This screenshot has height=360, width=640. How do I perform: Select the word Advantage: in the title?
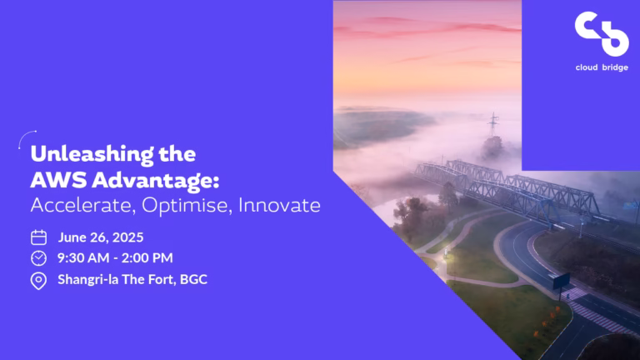pyautogui.click(x=156, y=181)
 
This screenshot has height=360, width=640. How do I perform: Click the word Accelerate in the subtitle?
pyautogui.click(x=82, y=205)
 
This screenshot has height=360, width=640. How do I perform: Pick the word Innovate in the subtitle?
pyautogui.click(x=280, y=205)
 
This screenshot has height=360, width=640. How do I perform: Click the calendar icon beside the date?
pyautogui.click(x=39, y=237)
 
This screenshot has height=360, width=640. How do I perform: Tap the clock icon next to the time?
pyautogui.click(x=39, y=258)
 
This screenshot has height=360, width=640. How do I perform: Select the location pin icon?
pyautogui.click(x=39, y=281)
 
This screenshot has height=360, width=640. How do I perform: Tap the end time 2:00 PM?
pyautogui.click(x=147, y=258)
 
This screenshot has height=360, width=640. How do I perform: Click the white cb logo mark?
pyautogui.click(x=602, y=34)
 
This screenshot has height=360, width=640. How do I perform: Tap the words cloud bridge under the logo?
pyautogui.click(x=602, y=67)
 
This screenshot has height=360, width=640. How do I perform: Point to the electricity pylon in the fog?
pyautogui.click(x=493, y=125)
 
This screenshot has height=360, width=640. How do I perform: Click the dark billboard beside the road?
pyautogui.click(x=561, y=281)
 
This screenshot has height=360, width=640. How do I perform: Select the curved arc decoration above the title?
pyautogui.click(x=24, y=136)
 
